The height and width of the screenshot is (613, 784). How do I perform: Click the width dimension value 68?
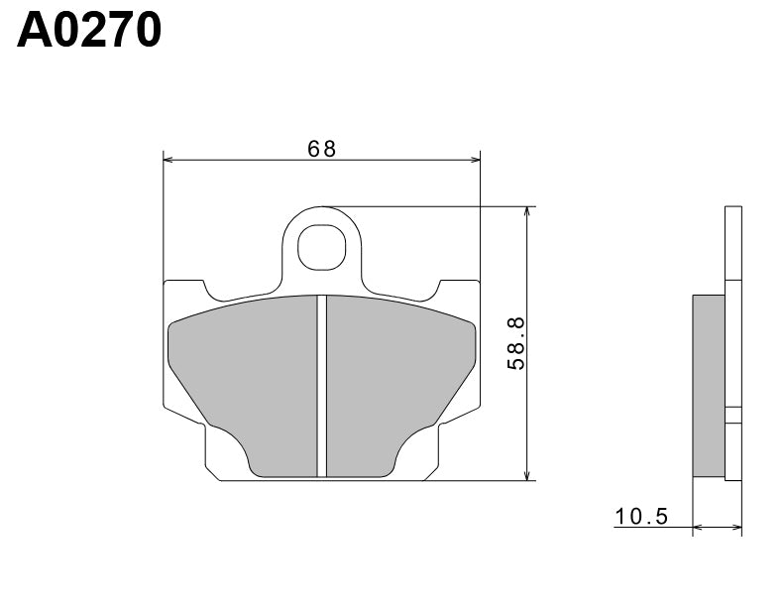321,149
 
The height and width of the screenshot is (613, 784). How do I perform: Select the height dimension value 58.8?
516,343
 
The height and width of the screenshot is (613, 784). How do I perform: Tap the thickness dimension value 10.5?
642,516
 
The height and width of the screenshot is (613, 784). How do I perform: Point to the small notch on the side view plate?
733,416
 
